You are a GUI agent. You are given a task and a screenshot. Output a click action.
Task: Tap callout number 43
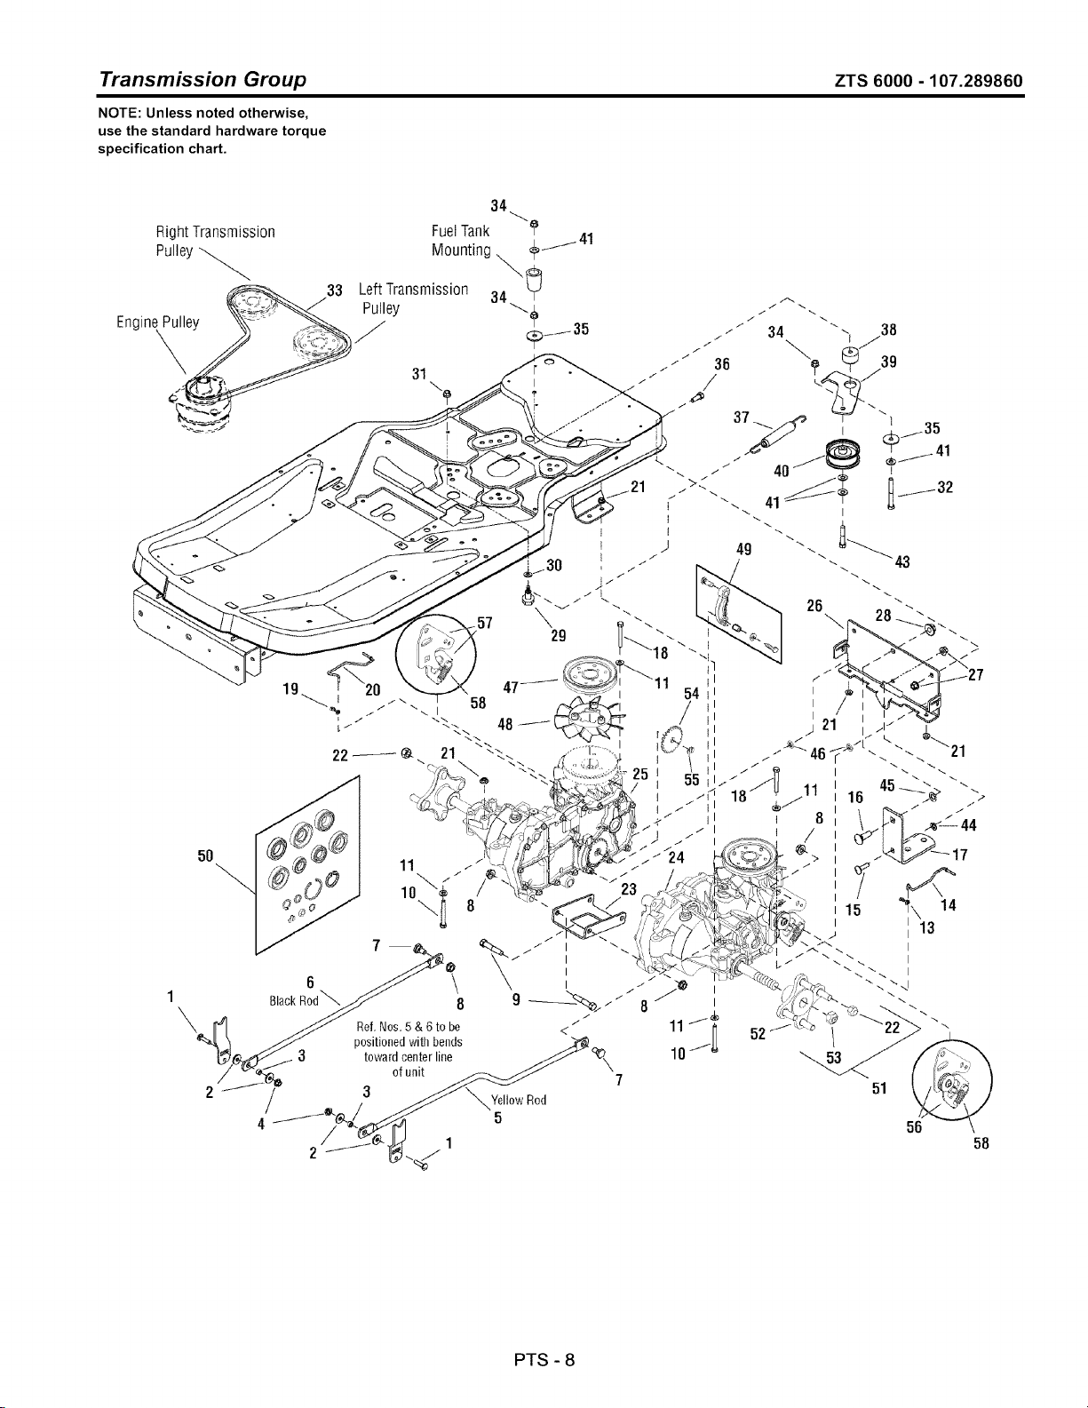click(902, 561)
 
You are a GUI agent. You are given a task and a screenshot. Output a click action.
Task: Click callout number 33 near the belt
click(335, 290)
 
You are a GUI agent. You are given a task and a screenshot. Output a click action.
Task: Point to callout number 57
click(486, 623)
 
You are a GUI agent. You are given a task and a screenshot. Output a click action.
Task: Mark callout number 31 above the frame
click(420, 375)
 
